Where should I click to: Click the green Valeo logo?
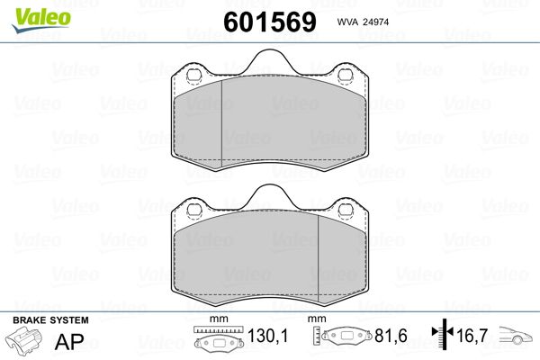click(41, 20)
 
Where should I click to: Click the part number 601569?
click(270, 22)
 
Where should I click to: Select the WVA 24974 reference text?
click(363, 22)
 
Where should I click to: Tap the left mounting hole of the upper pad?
click(193, 76)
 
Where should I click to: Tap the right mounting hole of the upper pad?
click(344, 75)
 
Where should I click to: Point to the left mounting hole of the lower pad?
click(193, 210)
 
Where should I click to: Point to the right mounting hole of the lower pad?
click(344, 210)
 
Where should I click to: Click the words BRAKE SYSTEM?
click(50, 320)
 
